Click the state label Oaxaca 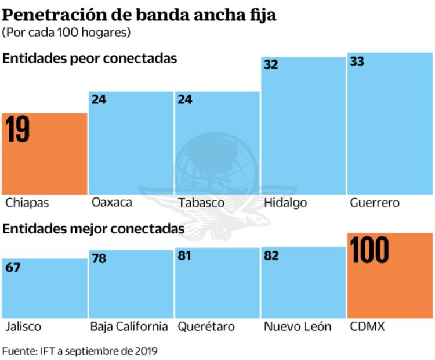coord(112,203)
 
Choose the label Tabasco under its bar coord(201,203)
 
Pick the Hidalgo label coord(285,203)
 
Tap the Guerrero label coord(375,203)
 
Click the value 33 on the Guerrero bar coord(357,62)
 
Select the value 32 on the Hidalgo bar coord(271,64)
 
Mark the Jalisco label coord(23,326)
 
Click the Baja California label coord(129,326)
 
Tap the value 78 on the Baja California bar coord(99,258)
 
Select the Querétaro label coord(206,326)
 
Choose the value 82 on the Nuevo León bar coord(271,255)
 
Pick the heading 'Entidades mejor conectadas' coord(94,229)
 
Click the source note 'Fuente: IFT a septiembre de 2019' coord(80,351)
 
